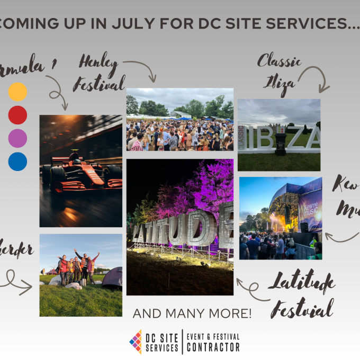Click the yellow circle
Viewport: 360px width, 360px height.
pos(17,92)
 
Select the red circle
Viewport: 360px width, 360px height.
pos(17,115)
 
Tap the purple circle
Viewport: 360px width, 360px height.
pos(17,138)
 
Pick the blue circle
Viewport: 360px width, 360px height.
pos(17,161)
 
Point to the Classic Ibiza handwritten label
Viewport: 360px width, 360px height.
pos(278,74)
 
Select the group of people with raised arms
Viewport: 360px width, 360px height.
pos(78,267)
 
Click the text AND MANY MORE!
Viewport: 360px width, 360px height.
pos(192,313)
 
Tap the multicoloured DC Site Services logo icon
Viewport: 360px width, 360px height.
pos(136,342)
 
